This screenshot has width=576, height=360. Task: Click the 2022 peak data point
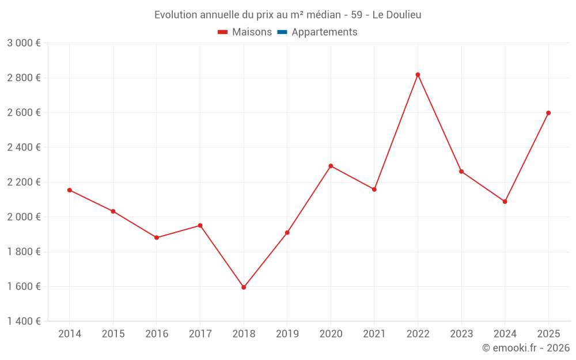pos(418,74)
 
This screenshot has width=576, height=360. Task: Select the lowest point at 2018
pos(244,287)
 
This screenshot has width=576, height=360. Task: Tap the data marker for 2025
pos(548,113)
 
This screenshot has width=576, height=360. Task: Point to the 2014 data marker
pos(70,190)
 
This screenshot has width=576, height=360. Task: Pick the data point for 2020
pos(331,166)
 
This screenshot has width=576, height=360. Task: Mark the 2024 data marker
pos(505,202)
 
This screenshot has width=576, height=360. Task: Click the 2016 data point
pos(157,237)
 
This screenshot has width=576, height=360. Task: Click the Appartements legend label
pos(324,32)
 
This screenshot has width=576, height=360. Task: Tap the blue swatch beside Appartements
pos(282,32)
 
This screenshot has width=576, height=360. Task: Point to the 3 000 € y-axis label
pos(24,43)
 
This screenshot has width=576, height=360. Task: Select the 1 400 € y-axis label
pos(24,321)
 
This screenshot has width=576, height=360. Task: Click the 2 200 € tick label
pos(24,182)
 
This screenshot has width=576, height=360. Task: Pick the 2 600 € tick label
pos(24,112)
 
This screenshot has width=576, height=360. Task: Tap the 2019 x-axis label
pos(287,334)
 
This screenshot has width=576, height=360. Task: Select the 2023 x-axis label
pos(461,334)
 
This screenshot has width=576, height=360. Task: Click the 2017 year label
pos(200,334)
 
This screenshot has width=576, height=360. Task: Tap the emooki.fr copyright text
pos(525,348)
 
